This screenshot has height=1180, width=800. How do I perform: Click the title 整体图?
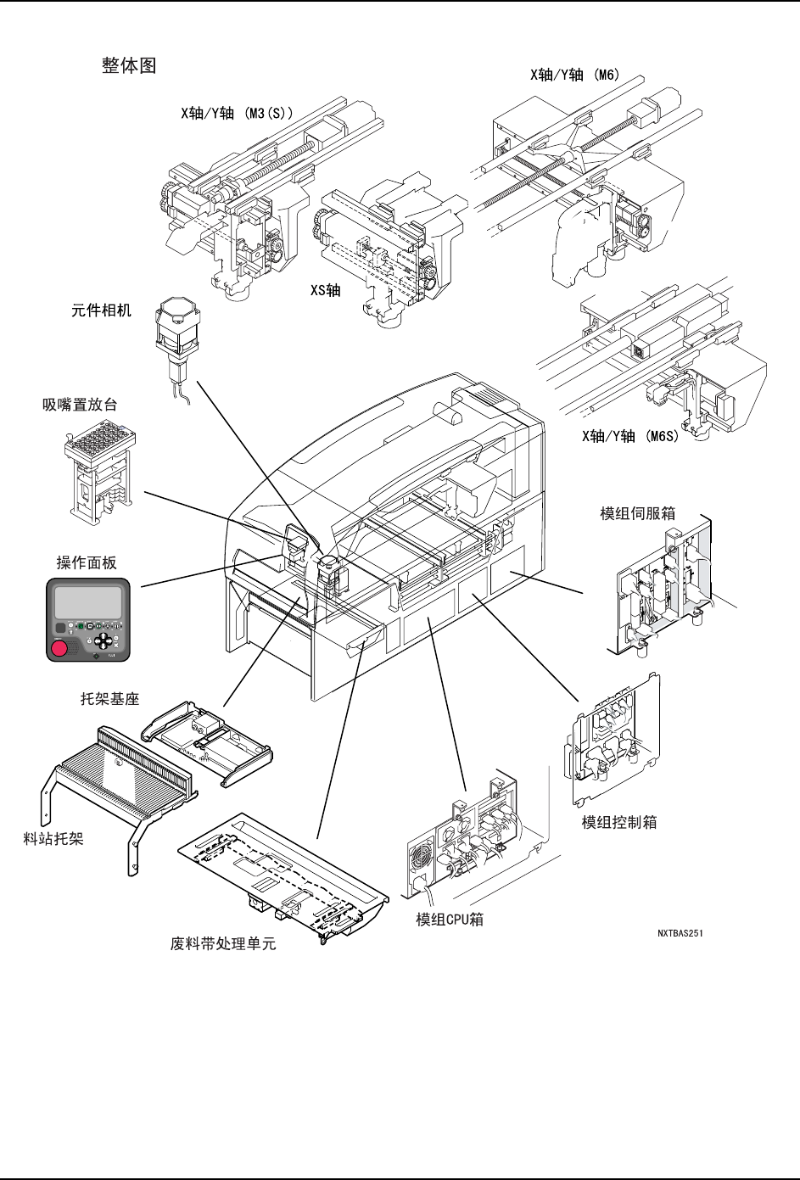tap(129, 66)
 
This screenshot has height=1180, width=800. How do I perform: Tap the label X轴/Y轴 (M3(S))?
tap(237, 113)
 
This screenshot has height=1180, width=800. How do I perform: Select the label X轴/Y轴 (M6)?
tap(574, 75)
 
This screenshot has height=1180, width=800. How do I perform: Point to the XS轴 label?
tap(325, 290)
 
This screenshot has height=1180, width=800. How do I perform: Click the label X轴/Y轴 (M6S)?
tap(630, 436)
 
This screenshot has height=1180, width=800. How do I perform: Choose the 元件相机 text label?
tap(102, 310)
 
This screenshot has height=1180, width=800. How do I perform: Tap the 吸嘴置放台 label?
tap(80, 405)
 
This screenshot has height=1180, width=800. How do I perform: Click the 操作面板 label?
tap(87, 562)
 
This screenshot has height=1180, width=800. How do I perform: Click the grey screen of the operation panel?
tap(87, 602)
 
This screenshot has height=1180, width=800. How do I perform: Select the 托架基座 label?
tap(109, 699)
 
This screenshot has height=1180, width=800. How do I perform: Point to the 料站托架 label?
tap(53, 839)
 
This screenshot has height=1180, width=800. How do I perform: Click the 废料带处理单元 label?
tap(223, 943)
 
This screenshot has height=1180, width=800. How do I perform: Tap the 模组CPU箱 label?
tap(450, 920)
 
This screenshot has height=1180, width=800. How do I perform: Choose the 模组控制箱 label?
tap(619, 822)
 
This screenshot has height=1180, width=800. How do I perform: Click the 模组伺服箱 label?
tap(638, 513)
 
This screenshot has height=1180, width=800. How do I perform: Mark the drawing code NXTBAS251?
tap(680, 934)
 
